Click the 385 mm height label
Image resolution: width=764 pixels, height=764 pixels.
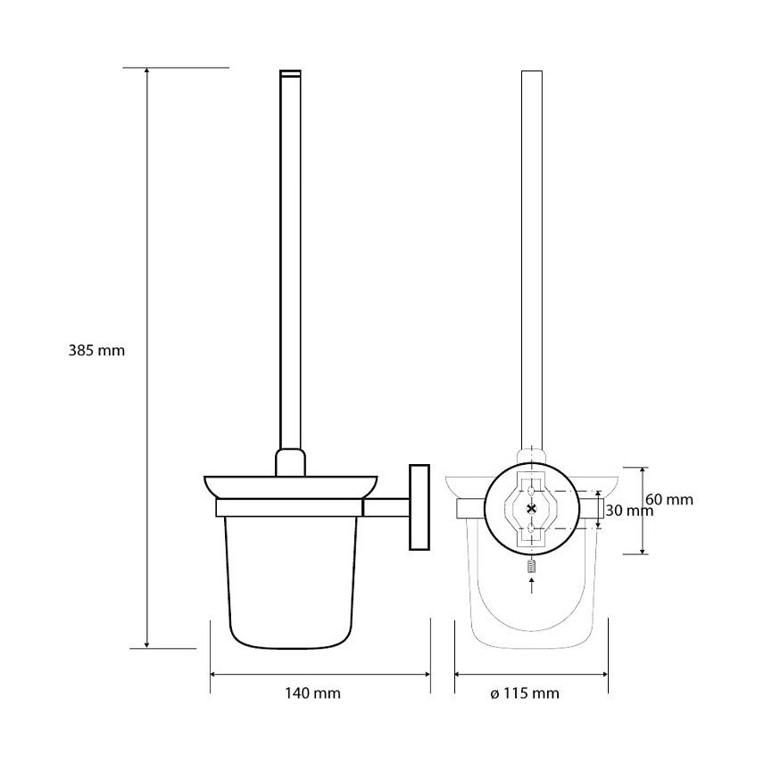(96, 351)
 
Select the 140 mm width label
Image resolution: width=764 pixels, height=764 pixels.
(312, 693)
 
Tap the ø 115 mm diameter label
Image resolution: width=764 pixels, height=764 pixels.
(524, 693)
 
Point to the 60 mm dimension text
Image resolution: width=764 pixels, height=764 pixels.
(669, 500)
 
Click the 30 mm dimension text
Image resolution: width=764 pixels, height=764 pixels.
(629, 511)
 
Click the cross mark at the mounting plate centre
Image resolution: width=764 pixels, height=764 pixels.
(531, 509)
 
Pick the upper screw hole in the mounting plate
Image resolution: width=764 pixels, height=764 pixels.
(531, 489)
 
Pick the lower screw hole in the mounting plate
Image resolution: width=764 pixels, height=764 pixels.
(531, 528)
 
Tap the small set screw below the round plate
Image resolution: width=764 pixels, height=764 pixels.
(532, 567)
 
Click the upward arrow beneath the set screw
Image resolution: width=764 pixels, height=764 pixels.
(532, 585)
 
